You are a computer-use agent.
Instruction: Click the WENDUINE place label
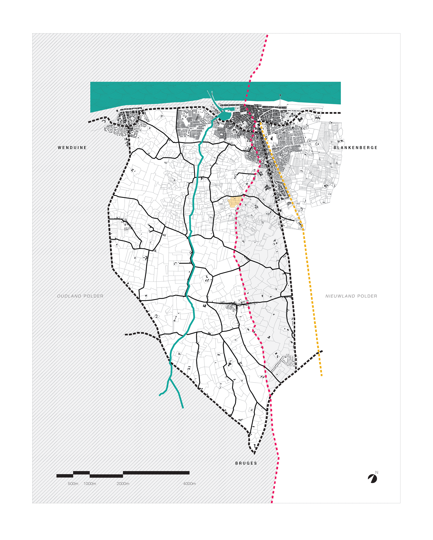coord(72,148)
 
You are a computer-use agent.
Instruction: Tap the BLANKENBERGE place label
coord(355,148)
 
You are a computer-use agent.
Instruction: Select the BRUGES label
coord(246,463)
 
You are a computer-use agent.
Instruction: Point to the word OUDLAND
coord(69,296)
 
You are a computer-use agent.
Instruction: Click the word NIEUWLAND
coord(340,296)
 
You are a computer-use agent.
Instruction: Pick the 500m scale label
coord(73,484)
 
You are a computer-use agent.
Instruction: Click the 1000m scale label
coord(90,484)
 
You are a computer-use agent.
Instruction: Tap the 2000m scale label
coord(123,484)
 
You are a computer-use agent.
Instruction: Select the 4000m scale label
coord(189,484)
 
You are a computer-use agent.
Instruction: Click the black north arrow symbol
coord(373,479)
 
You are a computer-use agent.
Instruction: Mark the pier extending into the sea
coord(280,100)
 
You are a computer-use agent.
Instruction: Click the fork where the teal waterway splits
coord(170,379)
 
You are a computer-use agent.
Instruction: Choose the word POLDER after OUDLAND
coord(93,296)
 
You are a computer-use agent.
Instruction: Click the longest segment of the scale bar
coord(156,473)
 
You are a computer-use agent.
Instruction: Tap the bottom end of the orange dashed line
coord(322,376)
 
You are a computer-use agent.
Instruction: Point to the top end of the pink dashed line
coord(267,35)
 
